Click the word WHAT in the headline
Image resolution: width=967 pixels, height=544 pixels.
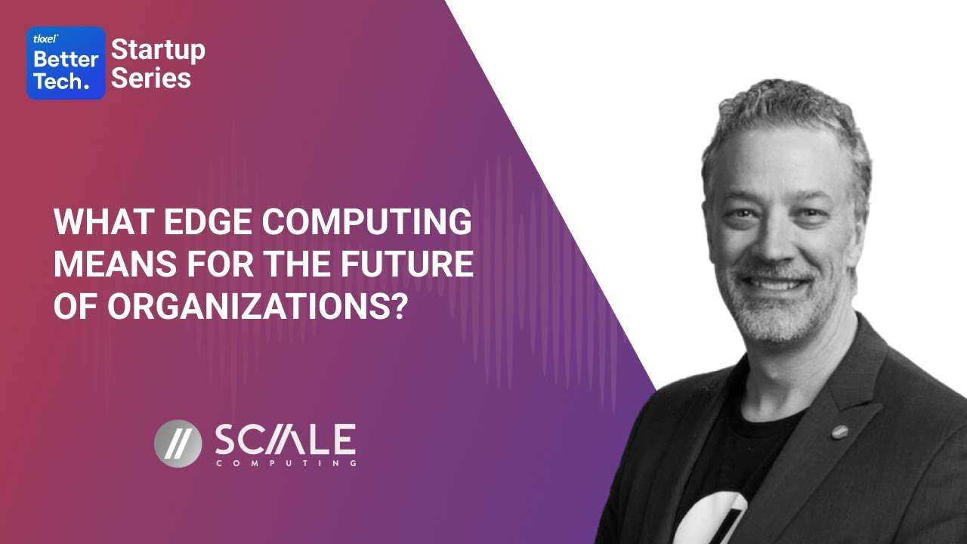[95, 224]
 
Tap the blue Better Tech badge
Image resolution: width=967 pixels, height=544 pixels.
[66, 63]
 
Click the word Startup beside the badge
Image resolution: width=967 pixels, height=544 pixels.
[158, 51]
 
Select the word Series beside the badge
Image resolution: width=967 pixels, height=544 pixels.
[151, 78]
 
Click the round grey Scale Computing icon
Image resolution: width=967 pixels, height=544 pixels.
[178, 443]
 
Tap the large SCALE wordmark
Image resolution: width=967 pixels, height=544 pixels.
[285, 439]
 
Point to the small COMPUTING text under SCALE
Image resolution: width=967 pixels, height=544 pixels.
[286, 463]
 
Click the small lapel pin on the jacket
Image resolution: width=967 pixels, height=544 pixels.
[839, 432]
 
